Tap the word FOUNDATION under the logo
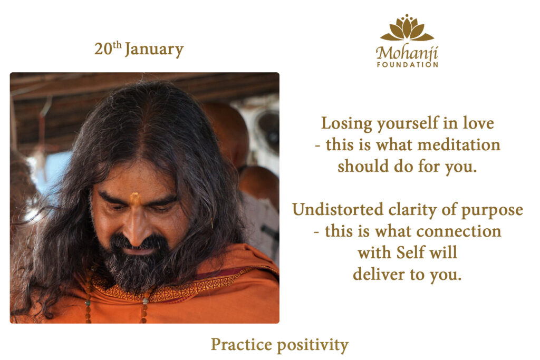coord(408,64)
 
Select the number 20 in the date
coord(103,49)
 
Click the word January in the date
coord(155,50)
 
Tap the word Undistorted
coord(337,209)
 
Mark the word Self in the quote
coord(411,252)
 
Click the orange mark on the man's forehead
coord(135,198)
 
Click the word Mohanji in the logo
coord(407,53)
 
